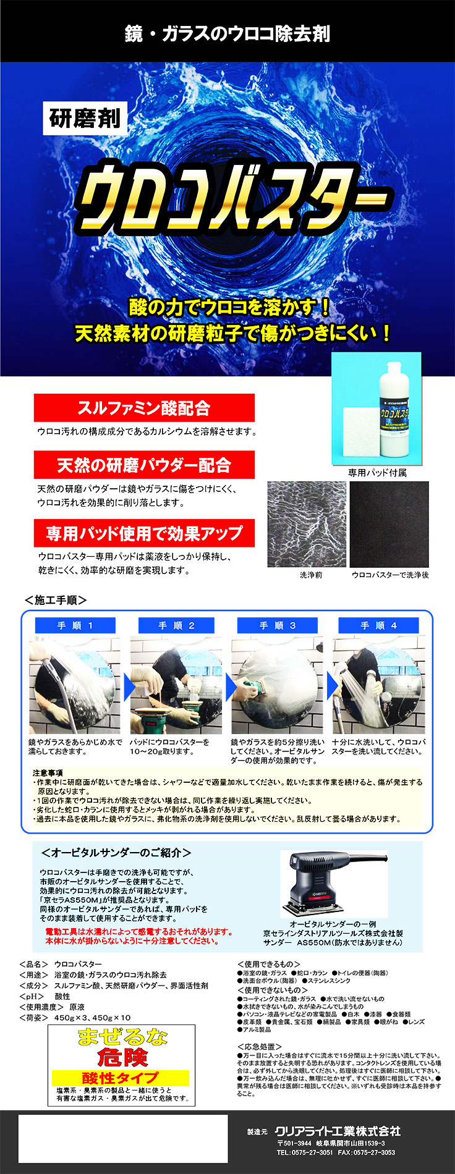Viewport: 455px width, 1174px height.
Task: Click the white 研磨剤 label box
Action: point(85,117)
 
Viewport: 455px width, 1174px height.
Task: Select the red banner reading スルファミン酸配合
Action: point(143,408)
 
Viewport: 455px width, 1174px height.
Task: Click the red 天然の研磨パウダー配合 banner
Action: point(143,465)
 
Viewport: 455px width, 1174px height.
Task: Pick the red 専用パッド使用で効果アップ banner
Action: point(143,533)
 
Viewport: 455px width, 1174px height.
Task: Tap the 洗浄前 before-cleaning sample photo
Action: point(307,525)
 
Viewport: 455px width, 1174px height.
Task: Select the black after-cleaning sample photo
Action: point(389,525)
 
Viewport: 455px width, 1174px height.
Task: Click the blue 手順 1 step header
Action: point(75,625)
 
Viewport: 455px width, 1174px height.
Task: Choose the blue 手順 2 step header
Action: point(176,625)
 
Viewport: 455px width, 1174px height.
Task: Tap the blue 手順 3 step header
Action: point(278,625)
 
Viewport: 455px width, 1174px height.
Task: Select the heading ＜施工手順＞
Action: point(55,600)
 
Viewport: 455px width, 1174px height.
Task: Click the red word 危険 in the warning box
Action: point(122,1057)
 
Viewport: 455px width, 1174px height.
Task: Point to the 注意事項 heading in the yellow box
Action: point(48,773)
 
